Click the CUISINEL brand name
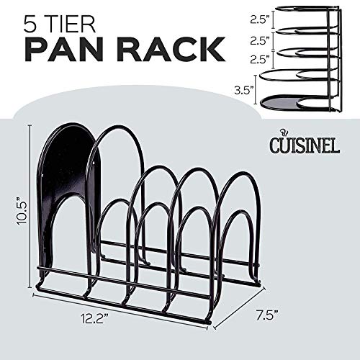(x=305, y=145)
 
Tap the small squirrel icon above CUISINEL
(x=284, y=133)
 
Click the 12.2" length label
(x=94, y=320)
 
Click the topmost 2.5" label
(x=258, y=20)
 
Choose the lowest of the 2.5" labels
(x=258, y=59)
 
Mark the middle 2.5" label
(x=258, y=40)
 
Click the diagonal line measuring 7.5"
(x=239, y=307)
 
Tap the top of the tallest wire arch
(x=117, y=127)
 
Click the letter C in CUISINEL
(x=275, y=145)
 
